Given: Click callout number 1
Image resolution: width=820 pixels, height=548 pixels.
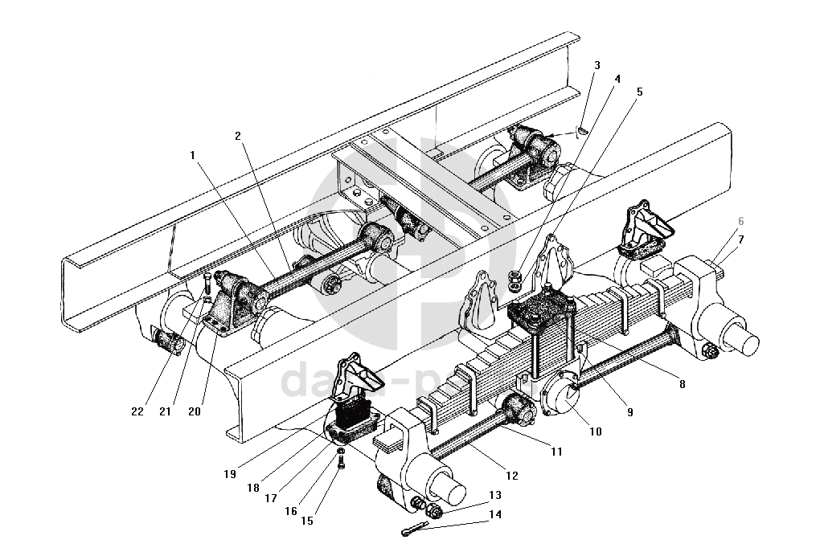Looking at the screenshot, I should [194, 155].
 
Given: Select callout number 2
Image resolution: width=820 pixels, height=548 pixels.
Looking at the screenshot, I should [239, 136].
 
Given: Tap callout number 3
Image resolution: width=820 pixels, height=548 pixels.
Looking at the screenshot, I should [596, 65].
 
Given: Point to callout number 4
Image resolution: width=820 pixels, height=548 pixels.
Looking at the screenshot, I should [617, 79].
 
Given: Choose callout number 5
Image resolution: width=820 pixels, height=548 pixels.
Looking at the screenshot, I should [639, 92].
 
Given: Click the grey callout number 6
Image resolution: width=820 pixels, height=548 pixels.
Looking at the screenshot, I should [740, 222].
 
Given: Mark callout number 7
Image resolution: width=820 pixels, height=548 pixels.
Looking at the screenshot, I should [740, 239].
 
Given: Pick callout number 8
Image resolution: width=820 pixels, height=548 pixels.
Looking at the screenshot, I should [682, 385].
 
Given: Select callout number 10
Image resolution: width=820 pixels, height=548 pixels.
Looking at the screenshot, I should [595, 431].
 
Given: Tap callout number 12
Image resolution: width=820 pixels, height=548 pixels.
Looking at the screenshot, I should [512, 476].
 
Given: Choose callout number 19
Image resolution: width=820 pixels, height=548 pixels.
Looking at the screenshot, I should [231, 473].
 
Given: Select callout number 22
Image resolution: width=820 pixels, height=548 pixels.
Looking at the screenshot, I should [137, 411].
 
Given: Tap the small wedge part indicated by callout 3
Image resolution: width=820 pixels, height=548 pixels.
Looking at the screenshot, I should [583, 131].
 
